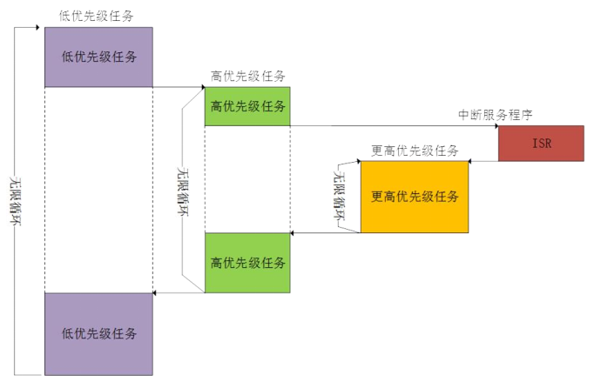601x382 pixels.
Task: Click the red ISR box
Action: pos(540,144)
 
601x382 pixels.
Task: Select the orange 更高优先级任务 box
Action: pos(414,197)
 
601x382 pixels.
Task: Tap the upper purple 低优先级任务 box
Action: pos(98,57)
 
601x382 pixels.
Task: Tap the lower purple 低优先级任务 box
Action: pos(98,333)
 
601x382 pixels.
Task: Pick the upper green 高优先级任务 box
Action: pos(247,106)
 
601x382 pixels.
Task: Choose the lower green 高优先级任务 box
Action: pos(247,263)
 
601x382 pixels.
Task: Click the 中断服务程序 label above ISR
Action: pos(495,115)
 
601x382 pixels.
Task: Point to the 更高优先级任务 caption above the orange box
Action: pos(415,150)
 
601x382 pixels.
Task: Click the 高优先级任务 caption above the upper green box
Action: pos(248,76)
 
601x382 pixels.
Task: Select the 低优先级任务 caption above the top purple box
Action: pos(96,16)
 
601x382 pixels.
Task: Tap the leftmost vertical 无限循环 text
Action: pos(16,199)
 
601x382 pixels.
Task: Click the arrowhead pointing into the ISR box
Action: pos(495,126)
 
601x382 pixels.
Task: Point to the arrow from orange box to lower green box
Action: pos(325,233)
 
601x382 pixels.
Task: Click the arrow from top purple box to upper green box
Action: pos(179,87)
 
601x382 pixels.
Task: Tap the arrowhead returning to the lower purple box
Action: pos(156,293)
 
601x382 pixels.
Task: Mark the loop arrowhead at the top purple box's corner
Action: pos(41,27)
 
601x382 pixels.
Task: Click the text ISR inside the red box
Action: pos(540,144)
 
